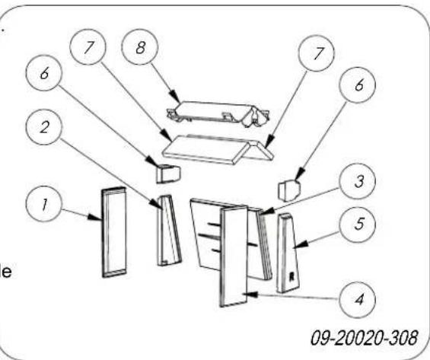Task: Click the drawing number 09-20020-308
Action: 366,336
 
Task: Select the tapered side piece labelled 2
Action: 168,230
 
